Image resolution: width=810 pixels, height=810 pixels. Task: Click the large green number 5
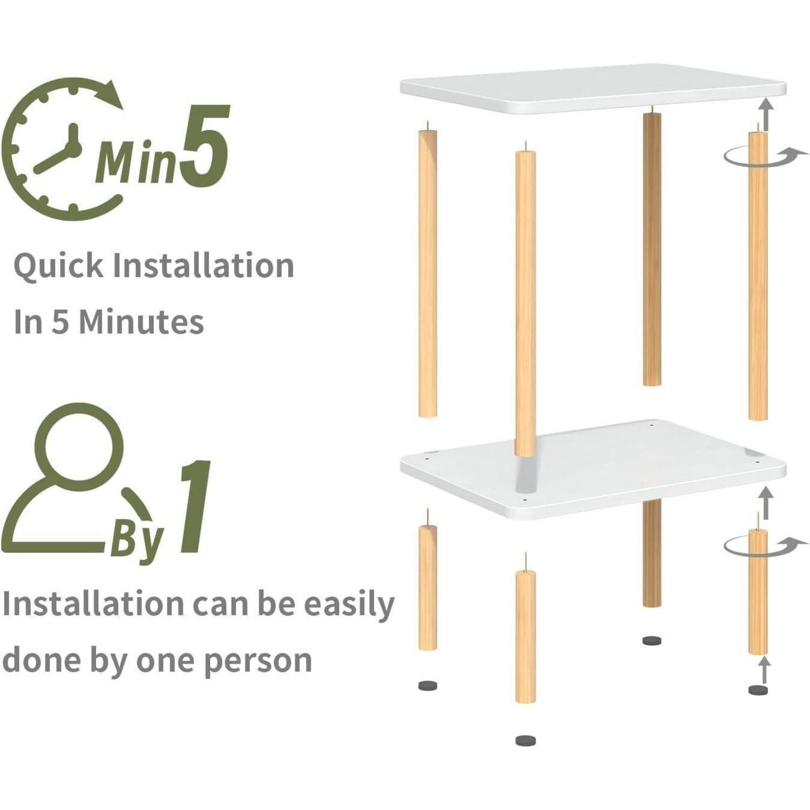click(x=204, y=145)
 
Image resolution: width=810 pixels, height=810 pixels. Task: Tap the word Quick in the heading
click(x=58, y=266)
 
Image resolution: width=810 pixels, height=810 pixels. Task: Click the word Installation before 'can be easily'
click(x=92, y=603)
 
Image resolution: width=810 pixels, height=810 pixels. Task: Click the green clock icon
click(x=65, y=148)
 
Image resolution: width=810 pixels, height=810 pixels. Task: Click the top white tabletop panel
click(x=592, y=89)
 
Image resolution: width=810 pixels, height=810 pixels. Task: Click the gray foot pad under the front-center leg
click(x=525, y=740)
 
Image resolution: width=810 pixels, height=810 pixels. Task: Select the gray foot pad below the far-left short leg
click(x=428, y=686)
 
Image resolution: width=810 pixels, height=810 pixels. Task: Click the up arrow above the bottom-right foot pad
click(x=763, y=670)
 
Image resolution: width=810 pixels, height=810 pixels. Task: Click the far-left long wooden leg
click(x=428, y=270)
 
